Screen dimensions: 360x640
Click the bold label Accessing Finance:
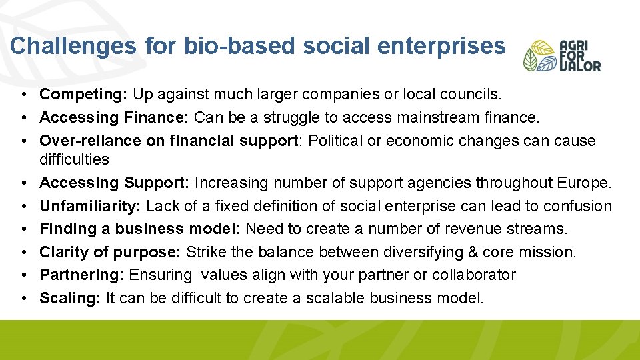pos(115,118)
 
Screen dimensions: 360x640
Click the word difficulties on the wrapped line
pos(74,159)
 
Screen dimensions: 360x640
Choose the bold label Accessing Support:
pos(115,183)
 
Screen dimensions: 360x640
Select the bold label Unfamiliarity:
pos(91,206)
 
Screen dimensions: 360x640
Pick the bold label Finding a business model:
pos(140,229)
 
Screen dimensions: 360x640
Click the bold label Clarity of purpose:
pos(110,252)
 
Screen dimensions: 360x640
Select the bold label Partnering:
pos(82,275)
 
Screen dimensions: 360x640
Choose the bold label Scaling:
pos(70,298)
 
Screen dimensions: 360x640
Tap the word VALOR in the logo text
pos(579,66)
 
